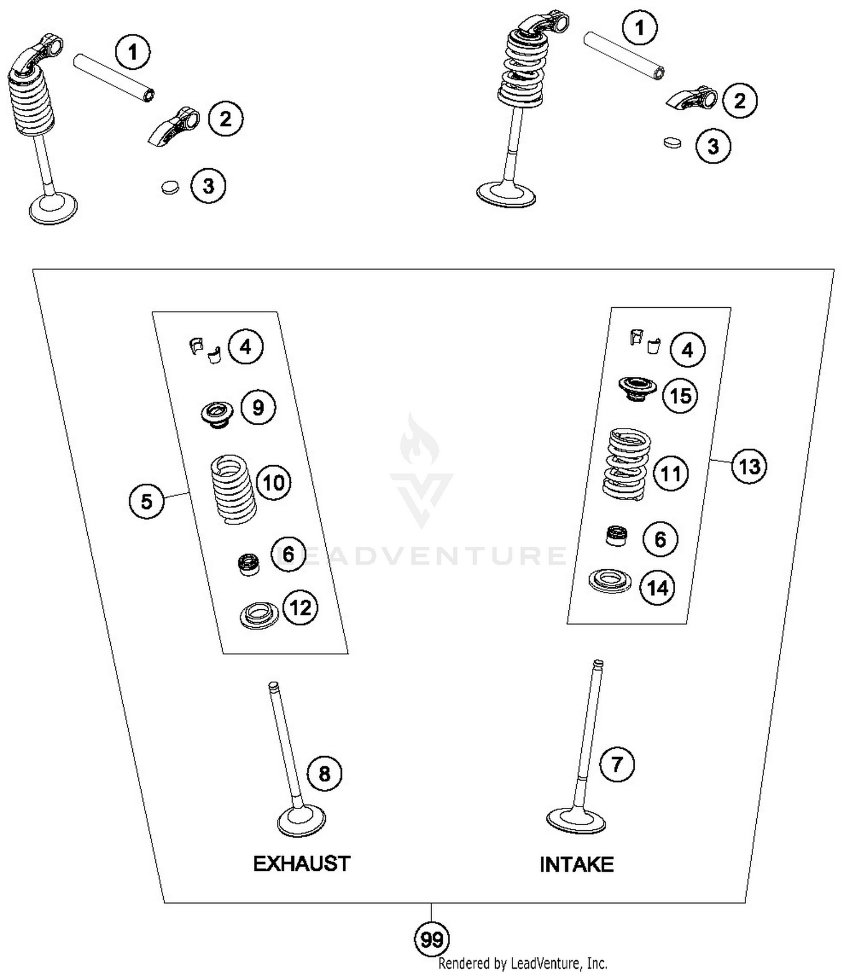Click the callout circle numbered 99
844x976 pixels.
coord(432,939)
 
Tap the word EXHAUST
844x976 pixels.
coord(302,863)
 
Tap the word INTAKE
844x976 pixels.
coord(576,865)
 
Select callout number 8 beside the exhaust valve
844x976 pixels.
coord(325,774)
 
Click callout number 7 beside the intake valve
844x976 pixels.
coord(617,764)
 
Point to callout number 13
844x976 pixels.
coord(749,466)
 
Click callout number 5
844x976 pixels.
coord(146,501)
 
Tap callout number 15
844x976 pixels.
coord(680,395)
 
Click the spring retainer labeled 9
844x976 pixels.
coord(217,415)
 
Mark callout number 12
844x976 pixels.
coord(300,608)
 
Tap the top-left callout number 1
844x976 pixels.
coord(133,52)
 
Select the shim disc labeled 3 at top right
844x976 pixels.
coord(672,142)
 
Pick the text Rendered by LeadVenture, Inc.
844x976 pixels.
coord(523,964)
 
